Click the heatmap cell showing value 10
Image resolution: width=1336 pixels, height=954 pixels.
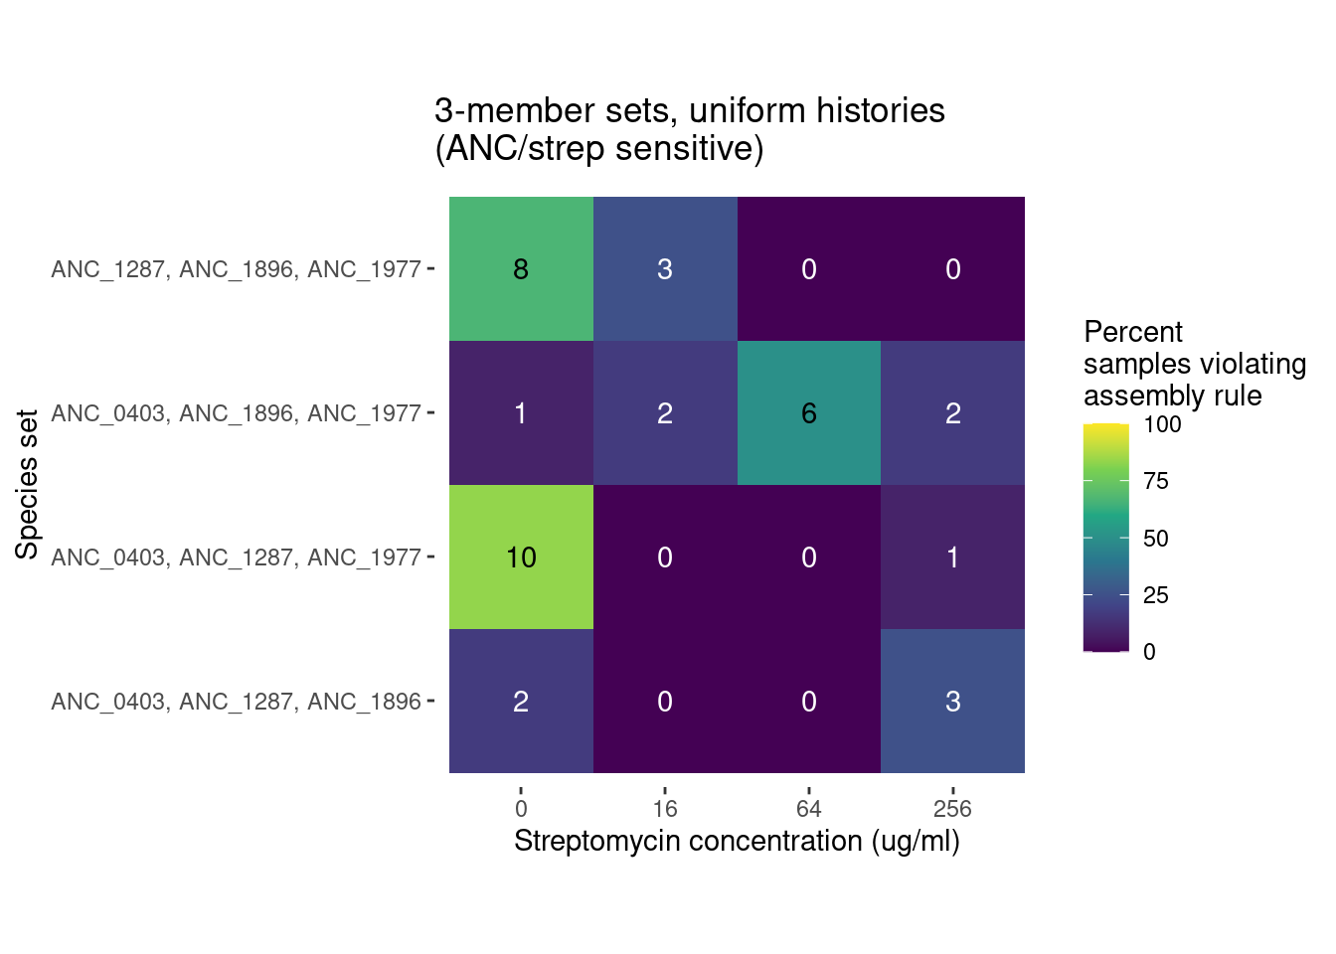tap(521, 556)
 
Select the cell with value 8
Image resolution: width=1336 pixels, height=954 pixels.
tap(521, 269)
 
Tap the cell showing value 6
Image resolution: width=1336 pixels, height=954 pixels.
tap(809, 412)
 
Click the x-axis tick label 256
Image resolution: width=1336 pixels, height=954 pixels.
tap(952, 809)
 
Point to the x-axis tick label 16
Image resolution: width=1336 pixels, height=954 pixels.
tap(665, 809)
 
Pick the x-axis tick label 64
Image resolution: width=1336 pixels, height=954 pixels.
tap(809, 809)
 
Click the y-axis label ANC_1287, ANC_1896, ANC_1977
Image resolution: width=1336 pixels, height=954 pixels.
tap(237, 269)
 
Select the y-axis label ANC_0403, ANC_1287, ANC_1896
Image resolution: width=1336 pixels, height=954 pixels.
tap(237, 702)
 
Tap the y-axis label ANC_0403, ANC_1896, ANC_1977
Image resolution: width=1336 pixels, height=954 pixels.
tap(237, 413)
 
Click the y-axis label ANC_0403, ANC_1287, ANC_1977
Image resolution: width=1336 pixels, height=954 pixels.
tap(237, 557)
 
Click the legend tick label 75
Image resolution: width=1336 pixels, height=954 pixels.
tap(1156, 481)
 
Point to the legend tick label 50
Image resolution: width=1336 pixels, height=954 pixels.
tap(1156, 538)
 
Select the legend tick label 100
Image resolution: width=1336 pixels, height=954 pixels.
tap(1162, 424)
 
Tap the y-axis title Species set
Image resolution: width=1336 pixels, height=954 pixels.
tap(27, 485)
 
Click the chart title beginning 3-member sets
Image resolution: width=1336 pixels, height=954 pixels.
tap(690, 129)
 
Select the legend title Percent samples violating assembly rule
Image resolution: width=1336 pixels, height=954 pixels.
tap(1195, 363)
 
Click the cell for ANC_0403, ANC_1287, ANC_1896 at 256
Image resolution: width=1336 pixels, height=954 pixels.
tap(952, 702)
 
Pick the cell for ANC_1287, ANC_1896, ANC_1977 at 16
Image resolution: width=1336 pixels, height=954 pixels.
tap(665, 269)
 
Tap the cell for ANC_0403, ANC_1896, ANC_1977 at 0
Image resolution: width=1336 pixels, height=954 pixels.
tap(521, 412)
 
